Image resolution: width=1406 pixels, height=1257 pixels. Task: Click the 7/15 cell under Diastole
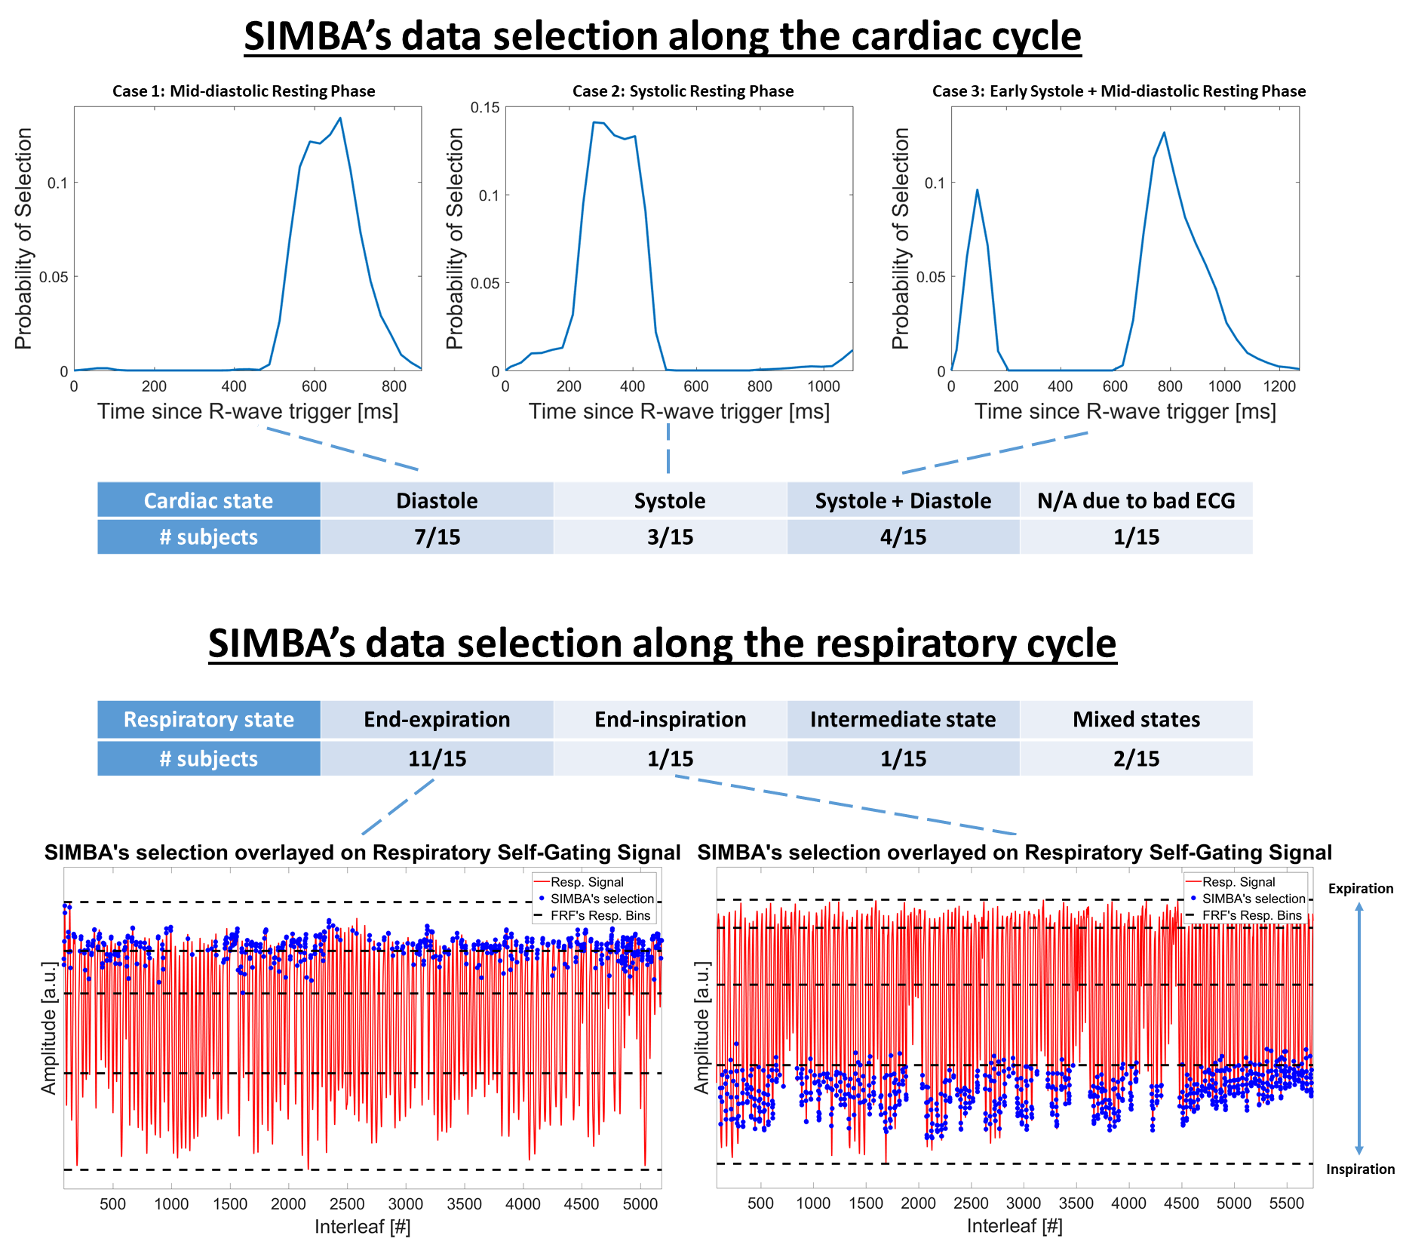point(437,536)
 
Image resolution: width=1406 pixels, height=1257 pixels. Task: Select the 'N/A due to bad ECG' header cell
point(1136,500)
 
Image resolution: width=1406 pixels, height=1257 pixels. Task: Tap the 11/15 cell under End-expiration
point(437,758)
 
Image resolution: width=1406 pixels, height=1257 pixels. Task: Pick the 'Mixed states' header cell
point(1136,719)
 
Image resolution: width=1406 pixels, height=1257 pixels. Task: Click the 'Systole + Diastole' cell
point(903,500)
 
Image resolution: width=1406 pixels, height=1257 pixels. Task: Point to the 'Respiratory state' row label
point(208,719)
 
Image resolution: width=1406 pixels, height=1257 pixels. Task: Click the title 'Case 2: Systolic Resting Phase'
point(683,91)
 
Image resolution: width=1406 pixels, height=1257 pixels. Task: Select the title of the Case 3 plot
point(1119,91)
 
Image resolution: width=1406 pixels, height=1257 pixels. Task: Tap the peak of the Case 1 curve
point(340,118)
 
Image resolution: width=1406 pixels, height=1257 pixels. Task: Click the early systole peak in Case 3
point(977,190)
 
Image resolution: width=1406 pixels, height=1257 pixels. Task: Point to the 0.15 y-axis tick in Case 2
point(485,107)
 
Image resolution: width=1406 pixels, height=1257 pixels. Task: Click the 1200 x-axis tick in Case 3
point(1279,386)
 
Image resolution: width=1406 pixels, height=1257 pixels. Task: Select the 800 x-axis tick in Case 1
point(394,386)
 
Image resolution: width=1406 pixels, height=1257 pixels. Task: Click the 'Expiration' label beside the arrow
point(1360,889)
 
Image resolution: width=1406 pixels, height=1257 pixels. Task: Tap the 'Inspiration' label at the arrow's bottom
point(1360,1169)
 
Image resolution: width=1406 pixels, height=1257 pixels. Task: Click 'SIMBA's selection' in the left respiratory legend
point(601,899)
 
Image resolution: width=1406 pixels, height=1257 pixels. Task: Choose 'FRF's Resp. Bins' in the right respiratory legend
point(1251,915)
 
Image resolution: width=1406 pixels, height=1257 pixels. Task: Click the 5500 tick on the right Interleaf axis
point(1286,1203)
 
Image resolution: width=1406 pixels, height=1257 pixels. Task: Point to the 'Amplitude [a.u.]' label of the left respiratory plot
point(49,1028)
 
